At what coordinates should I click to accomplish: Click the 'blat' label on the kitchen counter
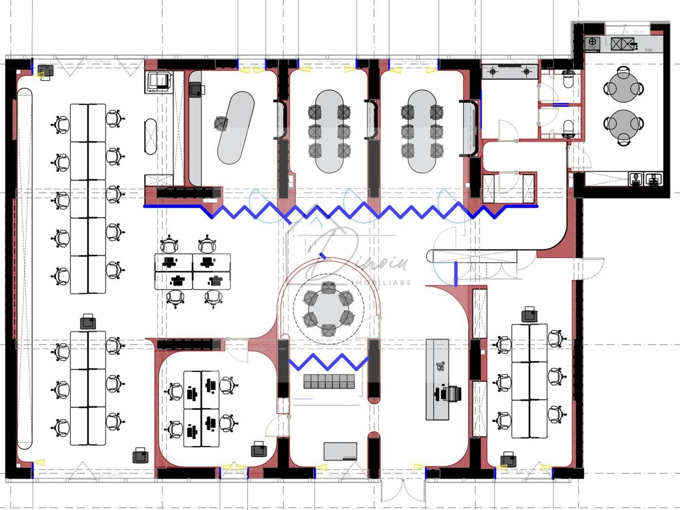pos(648,50)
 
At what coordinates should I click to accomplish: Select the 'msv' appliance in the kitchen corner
pos(592,43)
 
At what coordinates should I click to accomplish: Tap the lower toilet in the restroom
pos(569,128)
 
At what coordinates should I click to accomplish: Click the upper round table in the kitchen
pos(623,88)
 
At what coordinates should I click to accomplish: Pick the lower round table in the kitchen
pos(623,124)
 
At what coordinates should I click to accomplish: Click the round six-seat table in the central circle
pos(328,309)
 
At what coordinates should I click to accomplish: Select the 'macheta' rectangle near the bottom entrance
pos(340,451)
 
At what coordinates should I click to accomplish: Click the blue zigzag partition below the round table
pos(328,362)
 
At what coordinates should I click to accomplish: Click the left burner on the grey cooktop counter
pos(493,72)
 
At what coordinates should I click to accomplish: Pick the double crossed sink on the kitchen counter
pos(621,44)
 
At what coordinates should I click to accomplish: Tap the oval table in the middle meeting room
pos(330,131)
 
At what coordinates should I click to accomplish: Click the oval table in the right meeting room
pos(422,131)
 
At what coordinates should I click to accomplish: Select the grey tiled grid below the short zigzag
pos(329,382)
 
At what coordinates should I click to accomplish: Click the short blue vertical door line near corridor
pos(456,274)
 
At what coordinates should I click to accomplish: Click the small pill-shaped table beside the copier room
pos(150,136)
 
